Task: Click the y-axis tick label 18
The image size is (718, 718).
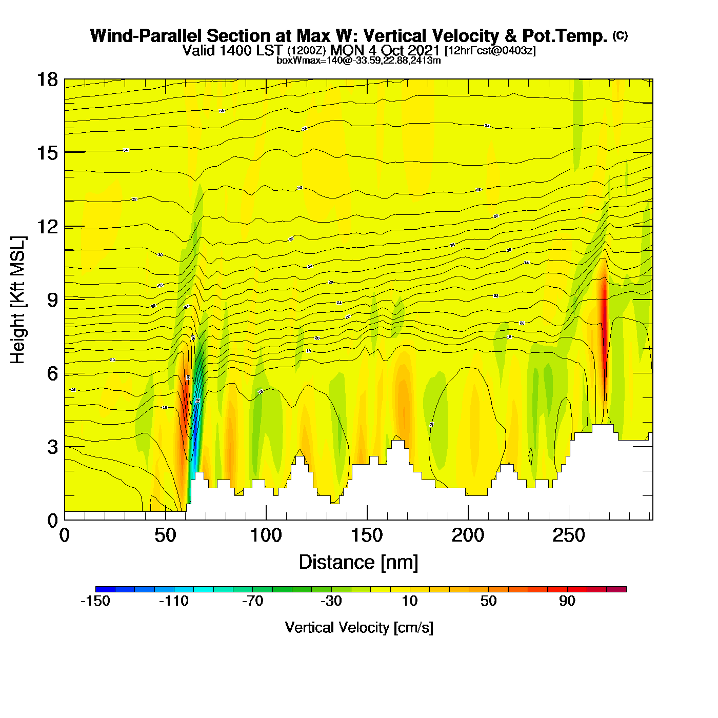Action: point(47,79)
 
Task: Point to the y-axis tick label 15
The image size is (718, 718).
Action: point(47,153)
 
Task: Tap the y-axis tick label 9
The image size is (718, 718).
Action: point(52,300)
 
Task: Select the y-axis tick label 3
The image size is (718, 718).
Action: point(52,447)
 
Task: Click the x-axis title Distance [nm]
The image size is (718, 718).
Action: point(358,563)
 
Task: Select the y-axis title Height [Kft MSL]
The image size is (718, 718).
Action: point(18,300)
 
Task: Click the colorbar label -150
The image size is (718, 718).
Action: point(95,601)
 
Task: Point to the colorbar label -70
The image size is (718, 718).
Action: point(252,601)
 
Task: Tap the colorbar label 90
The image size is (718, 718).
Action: point(567,601)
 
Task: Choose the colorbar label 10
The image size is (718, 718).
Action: point(410,601)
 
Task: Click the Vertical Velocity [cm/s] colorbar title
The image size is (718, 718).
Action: point(359,628)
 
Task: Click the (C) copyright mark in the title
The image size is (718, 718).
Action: point(620,35)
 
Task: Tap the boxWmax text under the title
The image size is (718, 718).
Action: point(358,61)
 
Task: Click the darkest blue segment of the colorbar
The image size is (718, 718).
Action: point(105,589)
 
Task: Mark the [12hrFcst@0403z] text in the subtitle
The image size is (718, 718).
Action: point(490,51)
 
